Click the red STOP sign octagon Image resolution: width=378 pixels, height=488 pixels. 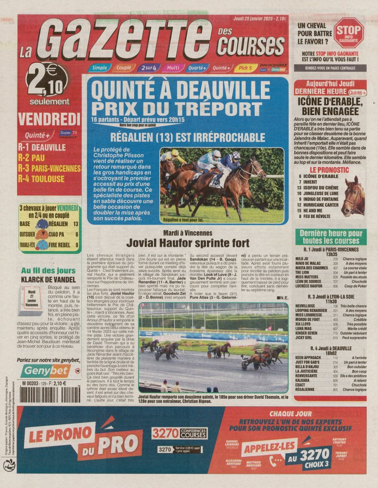(349, 33)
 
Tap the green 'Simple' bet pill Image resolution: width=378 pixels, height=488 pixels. (99, 67)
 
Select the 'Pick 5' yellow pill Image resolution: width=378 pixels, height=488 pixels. (245, 67)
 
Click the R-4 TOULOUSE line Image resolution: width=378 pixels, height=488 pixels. (41, 179)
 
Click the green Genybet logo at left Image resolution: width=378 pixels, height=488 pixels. (46, 371)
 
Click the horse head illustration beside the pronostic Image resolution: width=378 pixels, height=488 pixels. (354, 196)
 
